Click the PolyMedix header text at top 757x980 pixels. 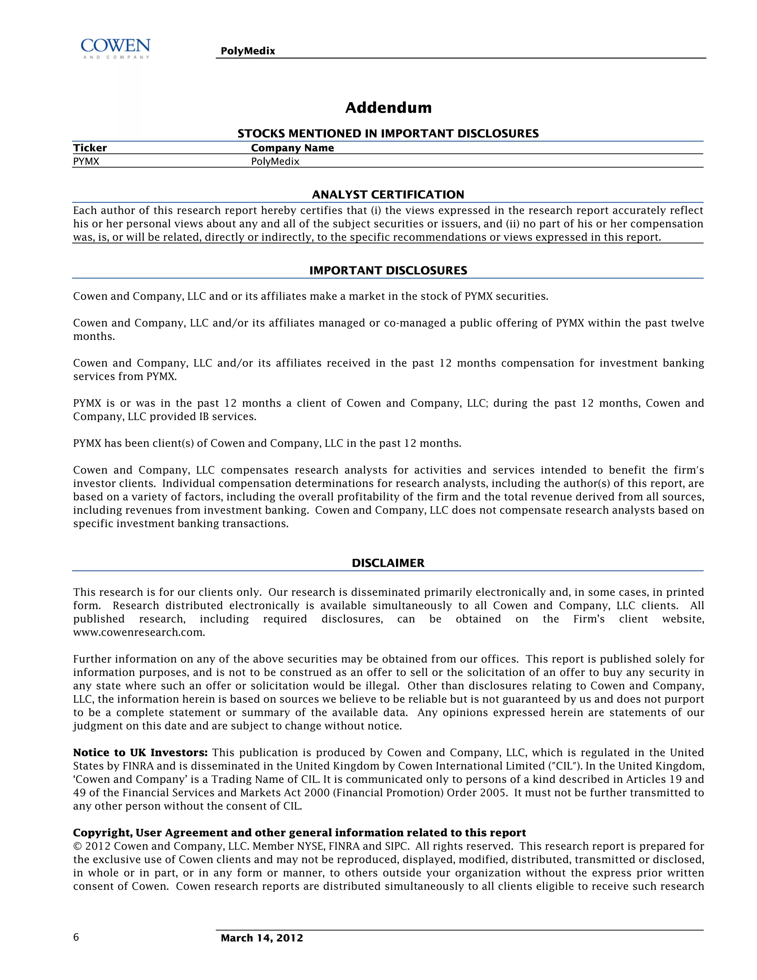pyautogui.click(x=248, y=51)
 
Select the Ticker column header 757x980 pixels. pyautogui.click(x=90, y=148)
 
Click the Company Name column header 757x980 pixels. pyautogui.click(x=292, y=148)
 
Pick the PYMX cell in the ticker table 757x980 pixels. pyautogui.click(x=86, y=162)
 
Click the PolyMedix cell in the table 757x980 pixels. pyautogui.click(x=275, y=162)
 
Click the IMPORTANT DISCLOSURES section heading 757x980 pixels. pyautogui.click(x=388, y=271)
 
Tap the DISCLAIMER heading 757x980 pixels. pyautogui.click(x=388, y=563)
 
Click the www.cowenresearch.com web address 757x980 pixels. pyautogui.click(x=139, y=633)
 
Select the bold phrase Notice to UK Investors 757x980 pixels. pyautogui.click(x=140, y=753)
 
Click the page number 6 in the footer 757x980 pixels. pyautogui.click(x=76, y=937)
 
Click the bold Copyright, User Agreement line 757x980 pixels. pyautogui.click(x=299, y=833)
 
